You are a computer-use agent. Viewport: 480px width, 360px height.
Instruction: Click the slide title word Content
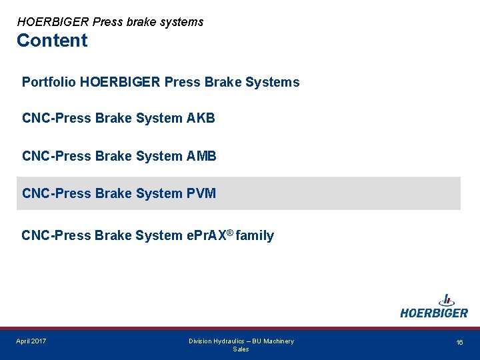tap(52, 41)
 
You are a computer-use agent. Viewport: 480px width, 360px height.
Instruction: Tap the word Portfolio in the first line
tap(48, 82)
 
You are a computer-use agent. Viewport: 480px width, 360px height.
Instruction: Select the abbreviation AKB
tap(201, 119)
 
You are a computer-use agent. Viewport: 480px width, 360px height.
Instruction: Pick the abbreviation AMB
tap(202, 156)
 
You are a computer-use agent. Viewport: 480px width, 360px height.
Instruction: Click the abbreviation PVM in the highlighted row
tap(201, 193)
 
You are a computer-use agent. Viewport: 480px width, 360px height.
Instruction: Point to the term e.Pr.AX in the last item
tap(205, 235)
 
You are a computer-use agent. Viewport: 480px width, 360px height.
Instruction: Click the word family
tap(255, 235)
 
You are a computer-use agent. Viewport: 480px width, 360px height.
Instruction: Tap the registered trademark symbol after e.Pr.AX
tap(229, 231)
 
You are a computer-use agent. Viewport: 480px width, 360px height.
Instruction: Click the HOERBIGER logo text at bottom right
tap(434, 313)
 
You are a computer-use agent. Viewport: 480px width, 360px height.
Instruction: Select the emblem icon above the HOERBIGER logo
tap(446, 299)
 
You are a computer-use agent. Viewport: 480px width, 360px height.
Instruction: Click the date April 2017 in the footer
tap(31, 341)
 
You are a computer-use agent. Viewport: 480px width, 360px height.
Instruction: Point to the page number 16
tap(459, 342)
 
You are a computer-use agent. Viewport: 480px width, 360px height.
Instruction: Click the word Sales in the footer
tap(241, 349)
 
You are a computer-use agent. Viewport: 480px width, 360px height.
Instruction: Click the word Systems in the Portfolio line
tap(273, 82)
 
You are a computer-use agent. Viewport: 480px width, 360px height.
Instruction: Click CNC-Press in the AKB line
tap(56, 119)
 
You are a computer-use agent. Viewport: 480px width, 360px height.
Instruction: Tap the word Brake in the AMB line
tap(113, 156)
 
